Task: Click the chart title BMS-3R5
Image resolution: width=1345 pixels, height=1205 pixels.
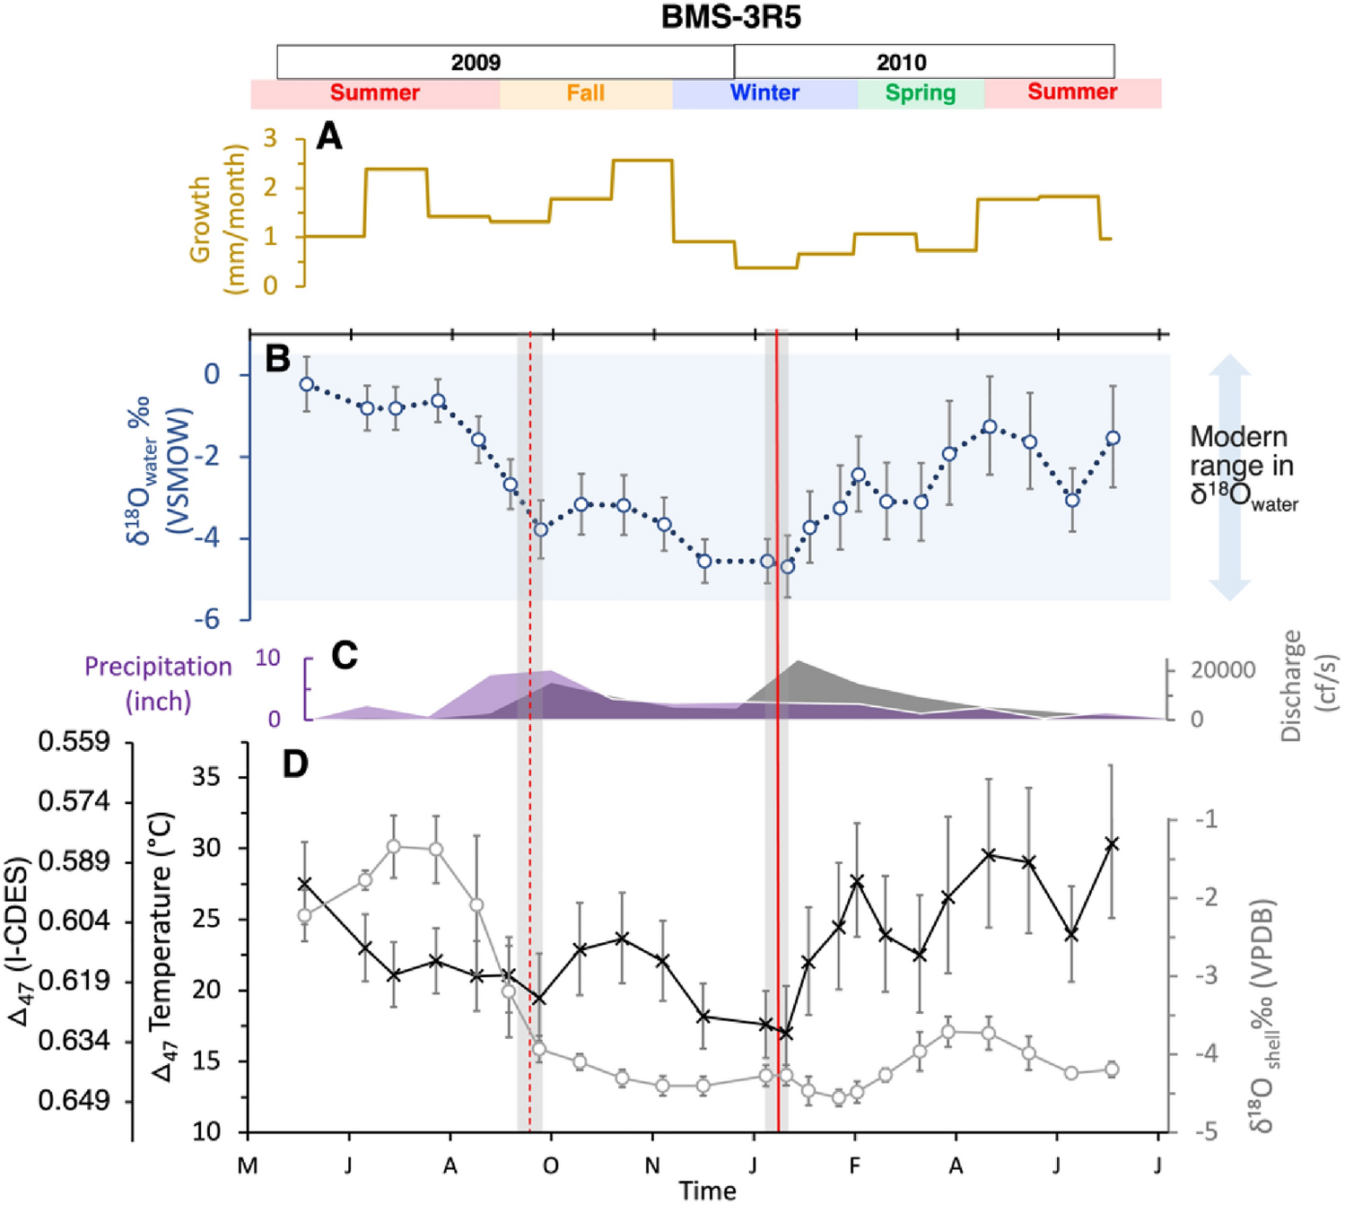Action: [x=730, y=18]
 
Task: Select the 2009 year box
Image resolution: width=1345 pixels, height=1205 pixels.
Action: [x=476, y=62]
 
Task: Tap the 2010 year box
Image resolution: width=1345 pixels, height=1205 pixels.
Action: [x=901, y=62]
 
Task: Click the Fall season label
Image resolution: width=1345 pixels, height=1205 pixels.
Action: [x=585, y=93]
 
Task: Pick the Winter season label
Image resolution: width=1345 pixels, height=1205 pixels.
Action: [x=764, y=93]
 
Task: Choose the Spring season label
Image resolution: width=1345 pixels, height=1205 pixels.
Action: [x=921, y=93]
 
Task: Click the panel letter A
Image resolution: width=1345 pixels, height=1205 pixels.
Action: [x=329, y=137]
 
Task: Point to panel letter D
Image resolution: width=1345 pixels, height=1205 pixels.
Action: [x=295, y=764]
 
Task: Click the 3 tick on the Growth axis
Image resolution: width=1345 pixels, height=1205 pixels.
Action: [x=269, y=139]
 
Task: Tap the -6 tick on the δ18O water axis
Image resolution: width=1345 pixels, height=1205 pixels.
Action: [x=211, y=619]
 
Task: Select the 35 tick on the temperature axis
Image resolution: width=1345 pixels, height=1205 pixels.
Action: [x=205, y=777]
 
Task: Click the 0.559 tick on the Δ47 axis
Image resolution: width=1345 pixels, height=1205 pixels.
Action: [x=74, y=742]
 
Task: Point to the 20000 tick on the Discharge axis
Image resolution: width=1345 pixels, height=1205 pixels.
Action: [x=1222, y=670]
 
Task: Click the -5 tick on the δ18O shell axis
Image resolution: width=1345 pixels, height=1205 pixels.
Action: [x=1206, y=1131]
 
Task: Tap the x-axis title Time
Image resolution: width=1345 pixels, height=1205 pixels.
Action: [x=707, y=1191]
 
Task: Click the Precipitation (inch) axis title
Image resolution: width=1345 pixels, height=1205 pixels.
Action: [x=158, y=683]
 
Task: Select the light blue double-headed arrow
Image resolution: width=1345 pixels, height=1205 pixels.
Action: [x=1229, y=476]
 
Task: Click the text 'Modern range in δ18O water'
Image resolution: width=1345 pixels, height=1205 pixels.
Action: [x=1243, y=467]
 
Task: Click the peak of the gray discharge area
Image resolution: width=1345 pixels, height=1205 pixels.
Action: [x=797, y=661]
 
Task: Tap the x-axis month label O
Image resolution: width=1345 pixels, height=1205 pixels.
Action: [x=551, y=1166]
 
